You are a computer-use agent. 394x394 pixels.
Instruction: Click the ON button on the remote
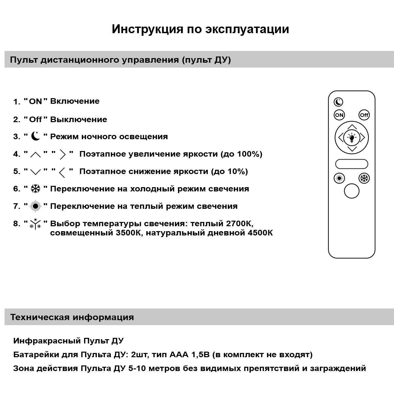[x=339, y=115]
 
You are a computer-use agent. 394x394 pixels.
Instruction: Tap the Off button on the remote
[x=364, y=115]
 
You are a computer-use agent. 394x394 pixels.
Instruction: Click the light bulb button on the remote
[x=352, y=138]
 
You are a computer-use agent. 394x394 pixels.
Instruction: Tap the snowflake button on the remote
[x=364, y=178]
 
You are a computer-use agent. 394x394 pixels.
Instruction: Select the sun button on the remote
[x=339, y=178]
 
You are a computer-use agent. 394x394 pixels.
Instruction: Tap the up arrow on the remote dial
[x=352, y=127]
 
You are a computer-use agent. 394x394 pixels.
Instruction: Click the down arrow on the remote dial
[x=352, y=149]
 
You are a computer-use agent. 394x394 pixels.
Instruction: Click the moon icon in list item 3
[x=35, y=136]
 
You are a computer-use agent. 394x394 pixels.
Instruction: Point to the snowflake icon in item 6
[x=35, y=188]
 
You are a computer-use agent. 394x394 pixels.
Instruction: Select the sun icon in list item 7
[x=35, y=206]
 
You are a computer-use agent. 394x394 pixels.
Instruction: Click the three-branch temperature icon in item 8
[x=35, y=224]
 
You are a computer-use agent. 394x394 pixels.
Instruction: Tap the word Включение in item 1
[x=75, y=101]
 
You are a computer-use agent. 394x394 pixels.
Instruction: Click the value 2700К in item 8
[x=240, y=224]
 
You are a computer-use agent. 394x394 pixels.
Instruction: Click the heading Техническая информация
[x=72, y=317]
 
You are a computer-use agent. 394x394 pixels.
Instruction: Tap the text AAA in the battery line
[x=179, y=355]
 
